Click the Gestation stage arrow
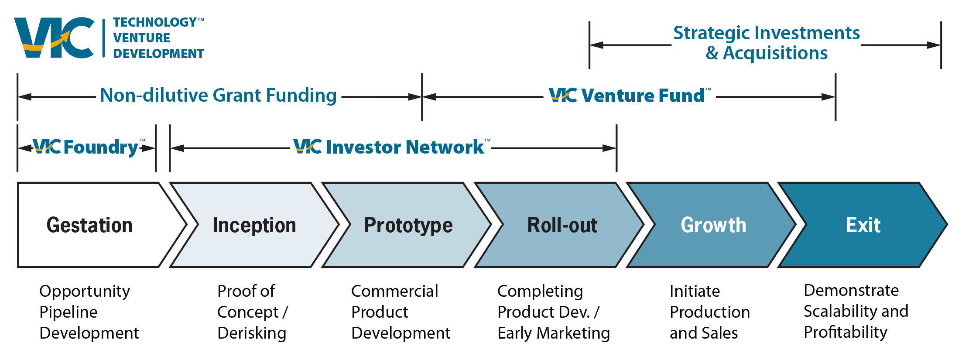pyautogui.click(x=89, y=225)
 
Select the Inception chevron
pyautogui.click(x=254, y=225)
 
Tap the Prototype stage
pyautogui.click(x=408, y=225)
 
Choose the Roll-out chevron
pyautogui.click(x=562, y=225)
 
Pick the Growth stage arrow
pyautogui.click(x=713, y=225)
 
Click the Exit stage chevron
pyautogui.click(x=863, y=225)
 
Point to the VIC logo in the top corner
pyautogui.click(x=54, y=38)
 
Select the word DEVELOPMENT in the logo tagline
pyautogui.click(x=159, y=54)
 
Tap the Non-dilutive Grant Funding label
pyautogui.click(x=218, y=95)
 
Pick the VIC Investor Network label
pyautogui.click(x=390, y=147)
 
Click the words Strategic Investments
pyautogui.click(x=766, y=33)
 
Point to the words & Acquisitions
pyautogui.click(x=767, y=53)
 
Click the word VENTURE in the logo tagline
pyautogui.click(x=142, y=38)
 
